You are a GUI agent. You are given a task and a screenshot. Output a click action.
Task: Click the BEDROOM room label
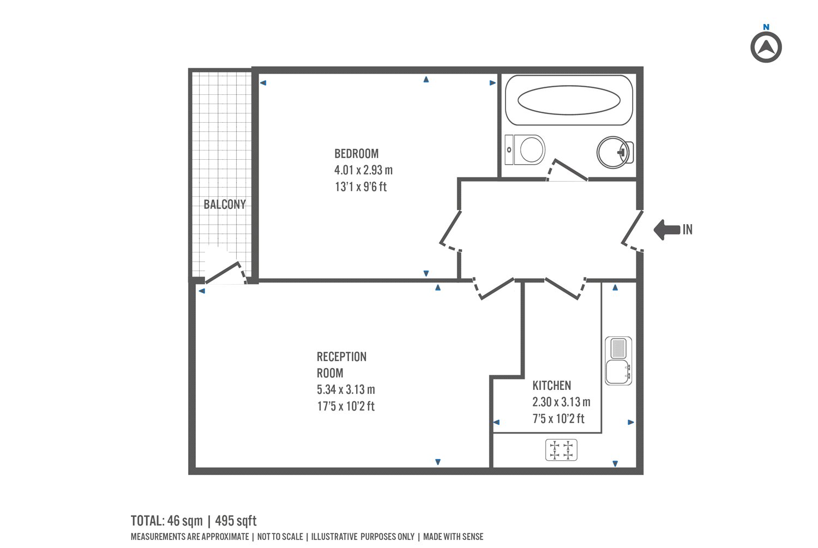(357, 154)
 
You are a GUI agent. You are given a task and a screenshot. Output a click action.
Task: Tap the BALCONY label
(225, 204)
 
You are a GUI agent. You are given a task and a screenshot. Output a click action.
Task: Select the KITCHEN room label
(551, 386)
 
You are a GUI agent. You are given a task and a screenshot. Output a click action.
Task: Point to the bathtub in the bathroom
(569, 100)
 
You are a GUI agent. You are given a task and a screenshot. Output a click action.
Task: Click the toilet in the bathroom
(525, 150)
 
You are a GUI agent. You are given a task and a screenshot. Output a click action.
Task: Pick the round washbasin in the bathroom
(615, 152)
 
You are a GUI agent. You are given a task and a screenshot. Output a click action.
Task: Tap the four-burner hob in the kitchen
(561, 450)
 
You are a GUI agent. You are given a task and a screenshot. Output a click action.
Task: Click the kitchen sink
(618, 361)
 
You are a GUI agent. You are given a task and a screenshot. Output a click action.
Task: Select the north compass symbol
(766, 47)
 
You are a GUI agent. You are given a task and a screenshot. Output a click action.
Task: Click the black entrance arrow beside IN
(666, 230)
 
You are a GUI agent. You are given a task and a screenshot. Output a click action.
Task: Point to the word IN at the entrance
(688, 230)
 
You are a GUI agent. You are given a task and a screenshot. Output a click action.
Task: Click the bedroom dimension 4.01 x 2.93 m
(363, 170)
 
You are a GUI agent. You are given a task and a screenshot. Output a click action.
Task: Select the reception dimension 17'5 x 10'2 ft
(346, 406)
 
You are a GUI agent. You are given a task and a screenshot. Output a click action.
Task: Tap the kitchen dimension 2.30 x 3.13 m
(561, 402)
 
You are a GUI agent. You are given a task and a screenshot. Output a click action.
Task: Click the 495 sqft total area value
(236, 521)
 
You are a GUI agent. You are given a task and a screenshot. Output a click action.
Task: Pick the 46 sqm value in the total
(185, 521)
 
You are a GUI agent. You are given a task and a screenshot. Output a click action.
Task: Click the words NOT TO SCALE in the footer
(280, 537)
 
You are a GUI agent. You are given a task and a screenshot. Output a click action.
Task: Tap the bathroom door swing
(567, 170)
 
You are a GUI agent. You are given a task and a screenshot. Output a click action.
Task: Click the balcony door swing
(226, 273)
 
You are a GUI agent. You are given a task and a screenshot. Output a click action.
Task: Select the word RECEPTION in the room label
(341, 357)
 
